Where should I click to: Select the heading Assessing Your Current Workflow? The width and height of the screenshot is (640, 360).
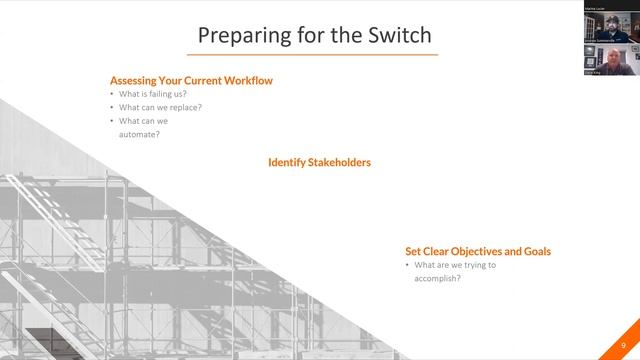tap(190, 80)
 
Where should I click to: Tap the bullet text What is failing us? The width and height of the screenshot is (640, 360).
tap(152, 95)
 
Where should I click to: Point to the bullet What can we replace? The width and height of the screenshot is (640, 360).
tap(160, 108)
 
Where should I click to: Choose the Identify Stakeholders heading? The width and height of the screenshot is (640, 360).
tap(319, 161)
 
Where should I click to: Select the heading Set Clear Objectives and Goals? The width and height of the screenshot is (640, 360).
tap(478, 251)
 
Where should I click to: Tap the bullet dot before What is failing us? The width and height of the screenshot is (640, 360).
tap(112, 95)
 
